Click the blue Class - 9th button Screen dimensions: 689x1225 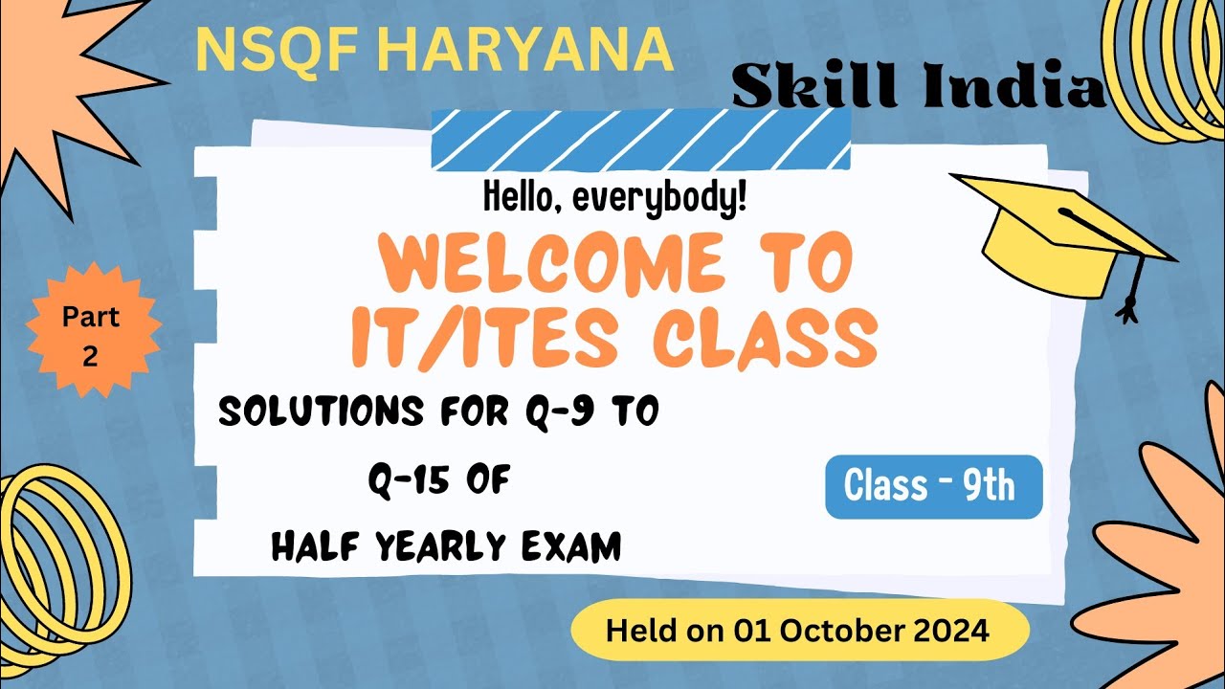point(933,486)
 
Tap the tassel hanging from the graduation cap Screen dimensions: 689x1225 point(1131,292)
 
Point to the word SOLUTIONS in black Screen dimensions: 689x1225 point(321,412)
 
